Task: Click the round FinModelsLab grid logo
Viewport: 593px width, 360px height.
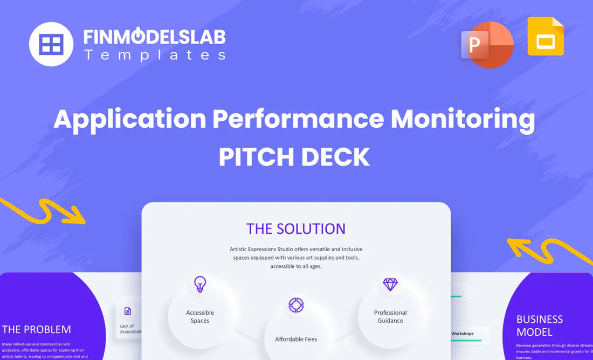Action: pos(51,44)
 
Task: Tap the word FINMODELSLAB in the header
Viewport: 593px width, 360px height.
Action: pos(154,37)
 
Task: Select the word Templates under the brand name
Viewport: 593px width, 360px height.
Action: pos(154,54)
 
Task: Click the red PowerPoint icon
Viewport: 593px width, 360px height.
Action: pos(486,44)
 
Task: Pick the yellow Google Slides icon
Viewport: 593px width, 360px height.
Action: pos(546,37)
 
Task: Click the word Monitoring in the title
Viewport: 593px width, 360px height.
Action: pos(463,119)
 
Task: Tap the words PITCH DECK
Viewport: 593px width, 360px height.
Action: pos(294,156)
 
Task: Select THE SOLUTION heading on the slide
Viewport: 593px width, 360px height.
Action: pos(296,229)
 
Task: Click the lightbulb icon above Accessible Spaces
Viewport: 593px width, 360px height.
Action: pos(200,284)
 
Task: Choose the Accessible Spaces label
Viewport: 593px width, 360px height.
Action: pos(200,316)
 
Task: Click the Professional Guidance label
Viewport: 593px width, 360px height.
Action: pos(390,316)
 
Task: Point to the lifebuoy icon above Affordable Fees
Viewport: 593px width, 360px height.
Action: pos(296,305)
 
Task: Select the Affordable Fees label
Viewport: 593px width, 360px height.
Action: pos(296,340)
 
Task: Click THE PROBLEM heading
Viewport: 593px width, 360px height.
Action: pos(36,329)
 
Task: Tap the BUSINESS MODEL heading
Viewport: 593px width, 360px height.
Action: pos(540,325)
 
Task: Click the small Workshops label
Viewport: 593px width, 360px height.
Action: pos(462,334)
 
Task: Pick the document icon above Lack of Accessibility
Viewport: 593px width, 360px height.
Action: pos(128,311)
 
